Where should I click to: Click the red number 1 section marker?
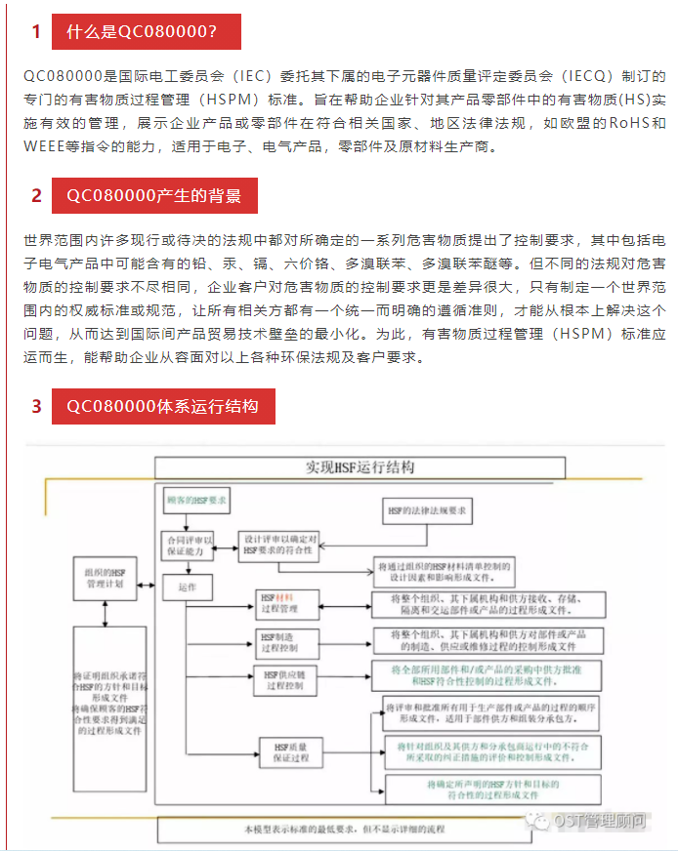[x=36, y=32]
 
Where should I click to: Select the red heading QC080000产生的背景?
[x=153, y=195]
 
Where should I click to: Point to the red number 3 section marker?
[x=36, y=406]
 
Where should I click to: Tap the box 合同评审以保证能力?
[x=189, y=546]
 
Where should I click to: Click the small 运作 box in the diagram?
[x=189, y=587]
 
